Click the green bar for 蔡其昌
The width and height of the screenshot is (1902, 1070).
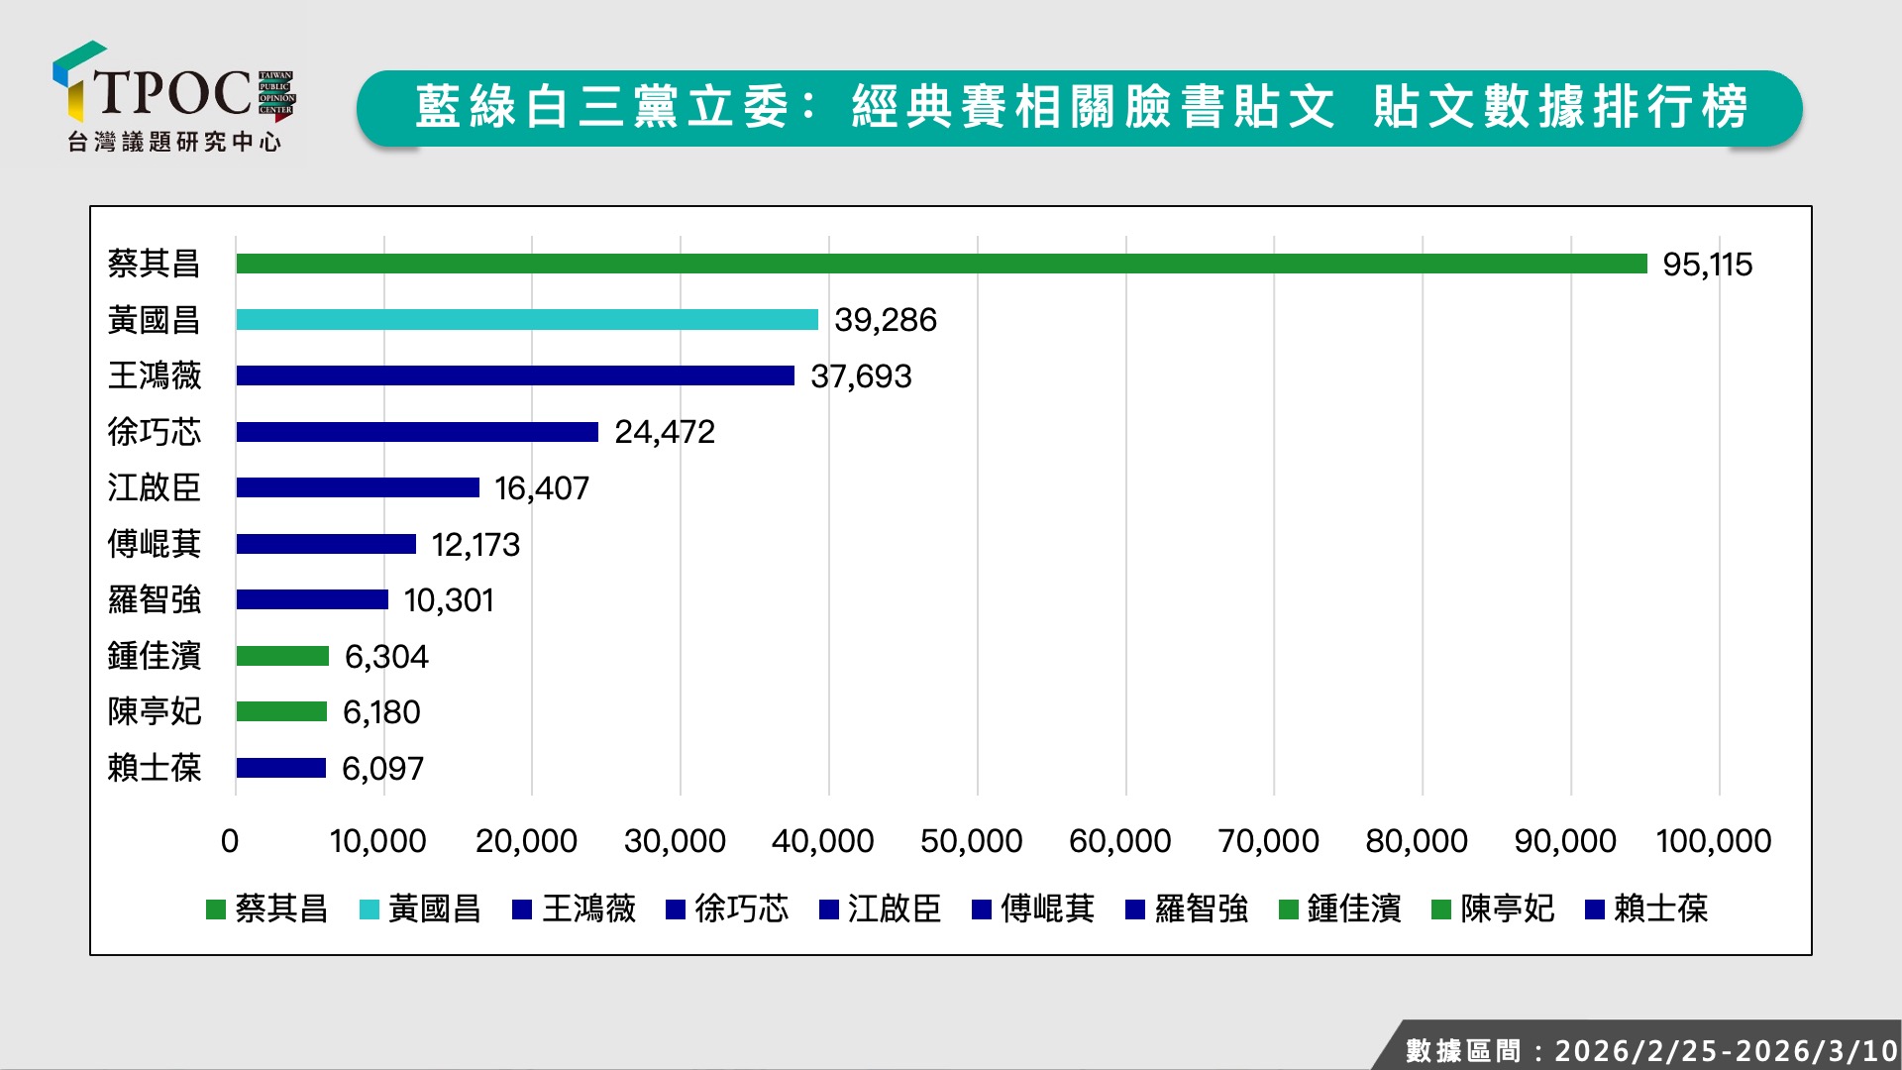(941, 264)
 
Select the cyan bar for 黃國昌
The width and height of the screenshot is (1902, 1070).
(527, 320)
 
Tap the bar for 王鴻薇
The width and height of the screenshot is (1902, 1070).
(515, 375)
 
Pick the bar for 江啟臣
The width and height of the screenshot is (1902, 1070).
(358, 487)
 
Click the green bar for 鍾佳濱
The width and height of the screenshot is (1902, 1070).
(282, 656)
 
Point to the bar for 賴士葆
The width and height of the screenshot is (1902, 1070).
(281, 768)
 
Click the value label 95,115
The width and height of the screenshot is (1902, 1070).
(1707, 265)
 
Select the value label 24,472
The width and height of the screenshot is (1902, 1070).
(664, 432)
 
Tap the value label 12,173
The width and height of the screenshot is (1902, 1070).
(475, 545)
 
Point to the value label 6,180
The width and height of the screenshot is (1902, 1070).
(381, 712)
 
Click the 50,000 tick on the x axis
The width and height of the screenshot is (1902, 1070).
(971, 841)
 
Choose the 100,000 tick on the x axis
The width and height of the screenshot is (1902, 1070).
(1714, 841)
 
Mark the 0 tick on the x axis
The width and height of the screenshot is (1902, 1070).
(230, 841)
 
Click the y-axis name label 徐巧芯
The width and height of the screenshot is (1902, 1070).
(155, 432)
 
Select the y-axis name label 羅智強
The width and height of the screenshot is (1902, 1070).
(155, 600)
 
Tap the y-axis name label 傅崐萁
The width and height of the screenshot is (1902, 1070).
(155, 544)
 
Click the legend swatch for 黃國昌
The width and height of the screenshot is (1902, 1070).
(370, 909)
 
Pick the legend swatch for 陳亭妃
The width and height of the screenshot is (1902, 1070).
(1441, 909)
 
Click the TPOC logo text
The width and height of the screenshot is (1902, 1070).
(173, 92)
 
